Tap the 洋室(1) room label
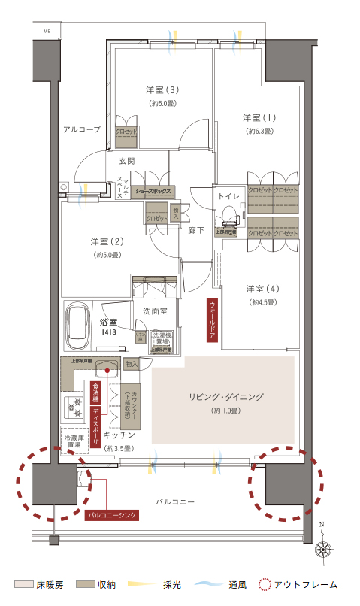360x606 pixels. pos(259,118)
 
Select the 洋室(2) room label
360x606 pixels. pos(106,241)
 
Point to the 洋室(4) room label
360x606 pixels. pos(262,289)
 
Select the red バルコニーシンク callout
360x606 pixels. pos(111,516)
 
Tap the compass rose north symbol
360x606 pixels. pos(325,548)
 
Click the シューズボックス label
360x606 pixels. pos(153,192)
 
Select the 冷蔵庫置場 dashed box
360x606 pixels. pos(73,441)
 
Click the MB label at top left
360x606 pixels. pos(47,31)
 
